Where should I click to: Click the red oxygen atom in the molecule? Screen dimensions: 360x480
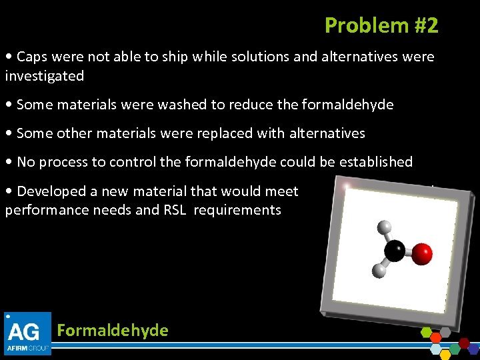pos(421,253)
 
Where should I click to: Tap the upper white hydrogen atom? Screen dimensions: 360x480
pos(384,227)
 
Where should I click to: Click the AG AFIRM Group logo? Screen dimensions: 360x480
pos(28,333)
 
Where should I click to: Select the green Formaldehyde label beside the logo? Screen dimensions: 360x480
pos(113,331)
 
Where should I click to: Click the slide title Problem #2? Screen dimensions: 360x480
pos(381,25)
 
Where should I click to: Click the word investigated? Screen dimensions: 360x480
pos(45,76)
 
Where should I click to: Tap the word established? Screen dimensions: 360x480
pos(376,162)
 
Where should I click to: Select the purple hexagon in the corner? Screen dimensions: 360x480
pos(473,348)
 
